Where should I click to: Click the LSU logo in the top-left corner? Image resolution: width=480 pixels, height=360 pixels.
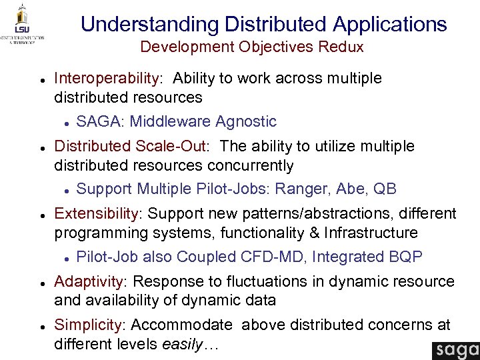(x=23, y=24)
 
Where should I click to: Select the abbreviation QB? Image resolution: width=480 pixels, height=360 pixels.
(x=385, y=189)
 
